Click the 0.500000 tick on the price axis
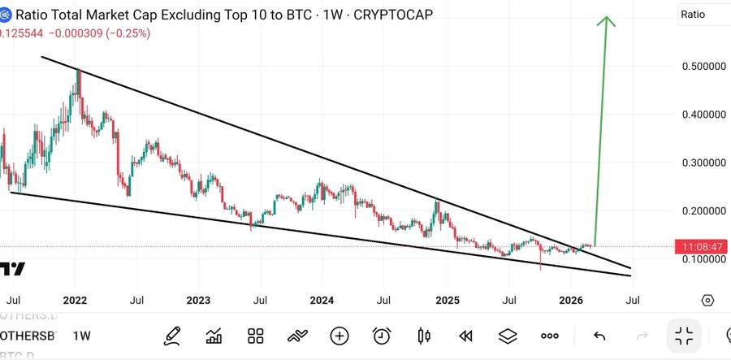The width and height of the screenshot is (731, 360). pyautogui.click(x=703, y=66)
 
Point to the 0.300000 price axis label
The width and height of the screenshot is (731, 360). pyautogui.click(x=703, y=163)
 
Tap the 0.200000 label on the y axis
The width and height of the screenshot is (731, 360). pyautogui.click(x=703, y=210)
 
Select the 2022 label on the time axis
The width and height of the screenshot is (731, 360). pyautogui.click(x=75, y=300)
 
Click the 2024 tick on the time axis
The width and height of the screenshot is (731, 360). pyautogui.click(x=322, y=300)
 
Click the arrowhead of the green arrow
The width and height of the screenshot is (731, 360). pyautogui.click(x=605, y=20)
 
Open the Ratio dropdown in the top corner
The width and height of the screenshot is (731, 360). pyautogui.click(x=703, y=15)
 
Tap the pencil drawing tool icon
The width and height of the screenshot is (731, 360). pyautogui.click(x=172, y=336)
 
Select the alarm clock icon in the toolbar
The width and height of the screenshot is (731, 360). pyautogui.click(x=382, y=336)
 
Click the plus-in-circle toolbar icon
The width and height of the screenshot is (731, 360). pyautogui.click(x=340, y=336)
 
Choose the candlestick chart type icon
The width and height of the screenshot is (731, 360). pyautogui.click(x=423, y=336)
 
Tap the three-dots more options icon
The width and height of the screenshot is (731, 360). pyautogui.click(x=550, y=336)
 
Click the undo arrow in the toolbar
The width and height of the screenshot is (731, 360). pyautogui.click(x=599, y=336)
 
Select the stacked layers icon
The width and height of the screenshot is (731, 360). pyautogui.click(x=508, y=336)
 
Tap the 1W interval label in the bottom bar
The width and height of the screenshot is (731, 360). pyautogui.click(x=81, y=336)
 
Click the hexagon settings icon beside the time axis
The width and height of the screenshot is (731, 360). pyautogui.click(x=707, y=300)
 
